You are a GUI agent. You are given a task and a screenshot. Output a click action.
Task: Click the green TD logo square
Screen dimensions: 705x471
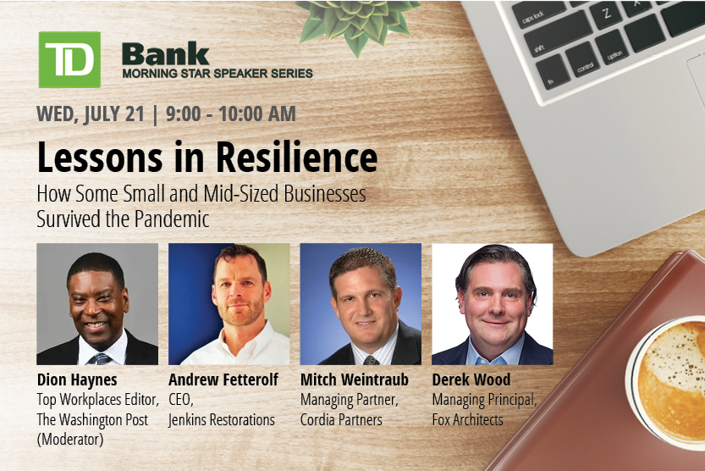click(x=69, y=59)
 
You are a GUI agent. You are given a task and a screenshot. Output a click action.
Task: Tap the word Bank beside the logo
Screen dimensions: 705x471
click(x=166, y=54)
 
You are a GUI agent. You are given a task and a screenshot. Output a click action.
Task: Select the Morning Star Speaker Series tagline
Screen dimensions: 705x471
click(x=218, y=74)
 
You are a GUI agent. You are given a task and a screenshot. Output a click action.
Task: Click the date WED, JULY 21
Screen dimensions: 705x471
click(x=91, y=114)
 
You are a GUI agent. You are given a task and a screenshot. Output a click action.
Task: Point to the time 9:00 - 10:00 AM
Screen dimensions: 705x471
click(x=231, y=114)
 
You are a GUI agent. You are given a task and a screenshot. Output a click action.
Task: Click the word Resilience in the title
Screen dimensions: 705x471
click(x=297, y=158)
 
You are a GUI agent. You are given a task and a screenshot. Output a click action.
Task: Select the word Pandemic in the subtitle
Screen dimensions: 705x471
click(x=172, y=219)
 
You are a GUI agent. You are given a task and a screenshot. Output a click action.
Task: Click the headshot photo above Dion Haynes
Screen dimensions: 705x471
click(x=97, y=304)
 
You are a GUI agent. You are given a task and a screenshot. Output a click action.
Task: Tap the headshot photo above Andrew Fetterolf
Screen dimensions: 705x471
click(x=229, y=304)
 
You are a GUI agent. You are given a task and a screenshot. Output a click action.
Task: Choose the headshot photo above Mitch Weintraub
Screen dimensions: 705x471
click(x=361, y=304)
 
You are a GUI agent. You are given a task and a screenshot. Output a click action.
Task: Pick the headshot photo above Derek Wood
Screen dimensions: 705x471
click(x=493, y=304)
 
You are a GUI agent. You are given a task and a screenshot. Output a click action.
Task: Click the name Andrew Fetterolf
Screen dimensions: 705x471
click(x=223, y=380)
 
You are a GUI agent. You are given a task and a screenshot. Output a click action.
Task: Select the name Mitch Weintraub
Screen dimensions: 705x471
click(x=355, y=380)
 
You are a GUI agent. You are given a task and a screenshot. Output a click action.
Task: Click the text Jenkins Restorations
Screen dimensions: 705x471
click(x=222, y=419)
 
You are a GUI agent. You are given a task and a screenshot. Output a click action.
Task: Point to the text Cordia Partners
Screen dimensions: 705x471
click(x=341, y=419)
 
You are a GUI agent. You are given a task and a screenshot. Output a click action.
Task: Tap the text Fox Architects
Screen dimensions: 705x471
click(x=467, y=419)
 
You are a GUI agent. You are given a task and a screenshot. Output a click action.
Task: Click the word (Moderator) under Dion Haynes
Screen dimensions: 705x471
click(x=70, y=440)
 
